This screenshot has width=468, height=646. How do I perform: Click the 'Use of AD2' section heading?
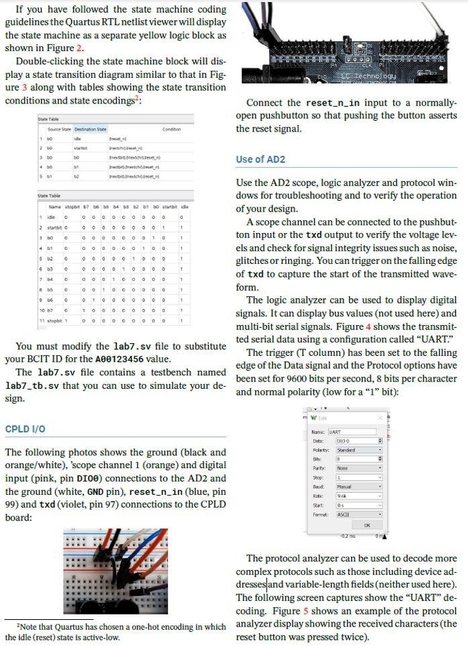pos(261,159)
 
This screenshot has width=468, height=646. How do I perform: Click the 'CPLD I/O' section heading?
pos(27,429)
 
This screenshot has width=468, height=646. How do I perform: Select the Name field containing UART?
pos(350,432)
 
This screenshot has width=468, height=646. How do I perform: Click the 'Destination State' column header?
pos(90,130)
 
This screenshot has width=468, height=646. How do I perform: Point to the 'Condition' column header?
pos(172,130)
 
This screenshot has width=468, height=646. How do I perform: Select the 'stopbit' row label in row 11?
pos(53,320)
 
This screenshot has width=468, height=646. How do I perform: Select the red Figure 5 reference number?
pos(306,611)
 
